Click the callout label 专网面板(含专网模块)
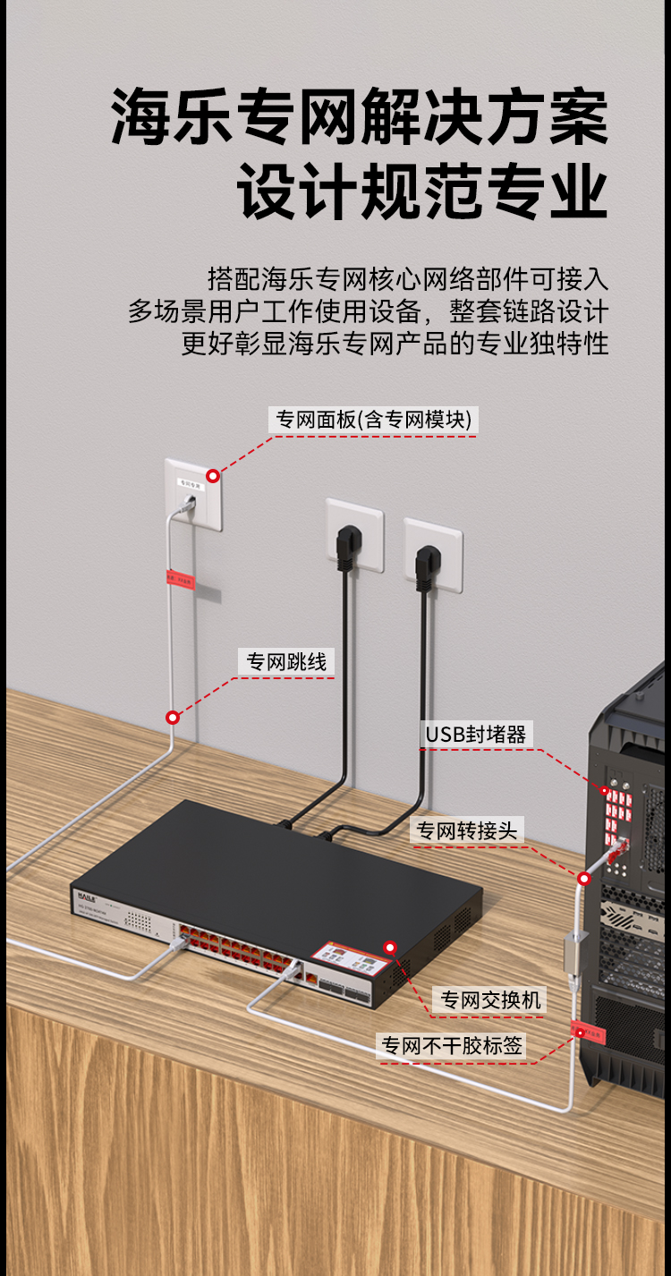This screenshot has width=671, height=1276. (373, 420)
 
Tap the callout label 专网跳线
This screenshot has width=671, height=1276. (286, 661)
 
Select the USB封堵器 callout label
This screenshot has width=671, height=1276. (475, 735)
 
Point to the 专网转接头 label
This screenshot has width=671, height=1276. (465, 830)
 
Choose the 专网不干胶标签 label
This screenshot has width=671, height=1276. (452, 1044)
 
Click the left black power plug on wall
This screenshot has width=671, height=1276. (345, 547)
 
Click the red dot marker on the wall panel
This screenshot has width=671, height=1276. (213, 475)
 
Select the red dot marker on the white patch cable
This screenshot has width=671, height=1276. (173, 717)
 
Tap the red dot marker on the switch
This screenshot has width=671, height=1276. (389, 947)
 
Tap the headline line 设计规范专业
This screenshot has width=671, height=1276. (422, 192)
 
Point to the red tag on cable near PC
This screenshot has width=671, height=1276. (589, 1033)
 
